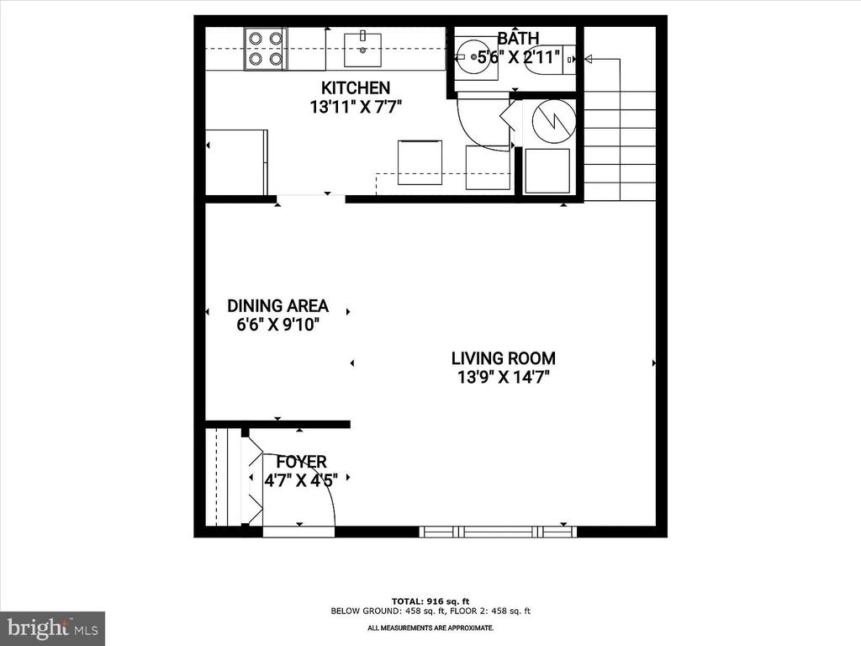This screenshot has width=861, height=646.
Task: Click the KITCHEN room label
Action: click(x=356, y=88)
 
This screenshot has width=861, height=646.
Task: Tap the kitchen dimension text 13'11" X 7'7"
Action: click(x=356, y=107)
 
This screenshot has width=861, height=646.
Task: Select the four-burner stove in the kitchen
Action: click(x=265, y=48)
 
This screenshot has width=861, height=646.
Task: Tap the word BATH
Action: click(x=519, y=39)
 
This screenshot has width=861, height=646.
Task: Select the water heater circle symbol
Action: click(x=554, y=120)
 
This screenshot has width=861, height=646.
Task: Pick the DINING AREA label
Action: click(x=277, y=306)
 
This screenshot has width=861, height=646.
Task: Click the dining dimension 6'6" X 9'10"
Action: click(x=277, y=325)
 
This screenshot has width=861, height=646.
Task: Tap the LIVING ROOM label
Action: click(x=503, y=358)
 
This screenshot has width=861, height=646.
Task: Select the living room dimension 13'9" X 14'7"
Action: click(x=503, y=378)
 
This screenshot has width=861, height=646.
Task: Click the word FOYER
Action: click(x=301, y=462)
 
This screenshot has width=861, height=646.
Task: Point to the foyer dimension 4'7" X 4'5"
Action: click(x=301, y=480)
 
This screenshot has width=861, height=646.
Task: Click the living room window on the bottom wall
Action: click(x=498, y=532)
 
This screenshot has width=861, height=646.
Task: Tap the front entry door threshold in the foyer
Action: click(x=298, y=532)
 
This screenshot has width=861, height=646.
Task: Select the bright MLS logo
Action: click(x=52, y=627)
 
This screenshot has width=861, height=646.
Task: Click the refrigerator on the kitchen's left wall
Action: click(x=237, y=161)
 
